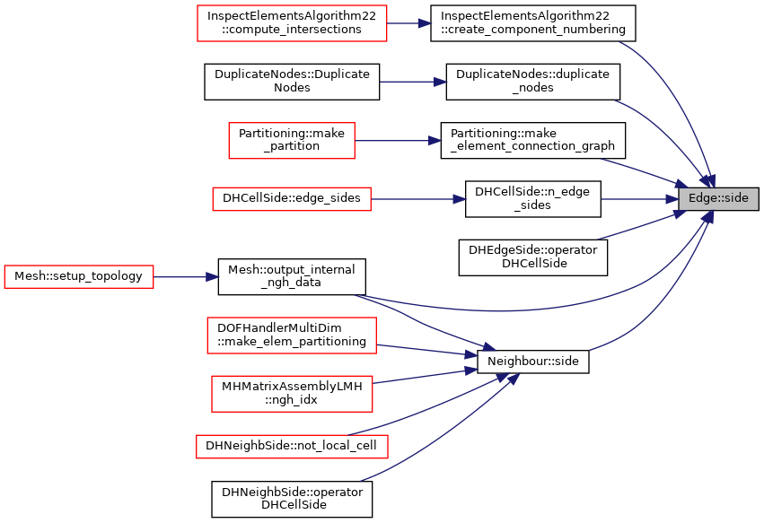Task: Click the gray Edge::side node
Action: (718, 198)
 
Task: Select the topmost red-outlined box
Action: (292, 23)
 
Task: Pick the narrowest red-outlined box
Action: (292, 141)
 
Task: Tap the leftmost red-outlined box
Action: (79, 276)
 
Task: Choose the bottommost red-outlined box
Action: (292, 447)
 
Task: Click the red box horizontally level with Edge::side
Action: (292, 199)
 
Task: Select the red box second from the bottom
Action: (292, 394)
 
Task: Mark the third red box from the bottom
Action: (292, 336)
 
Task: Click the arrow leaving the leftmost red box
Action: (187, 277)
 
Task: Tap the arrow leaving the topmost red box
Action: (409, 23)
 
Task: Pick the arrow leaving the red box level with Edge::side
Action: (418, 199)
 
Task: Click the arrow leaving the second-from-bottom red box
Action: (426, 375)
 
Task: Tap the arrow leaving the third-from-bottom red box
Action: (427, 350)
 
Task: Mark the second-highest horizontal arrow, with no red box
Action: (413, 82)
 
